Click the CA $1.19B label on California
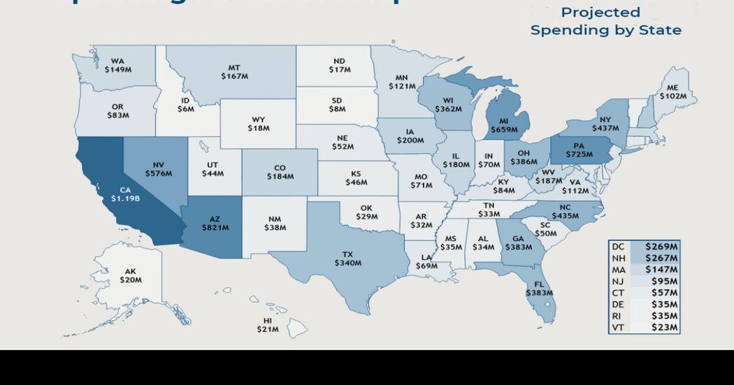coord(125,194)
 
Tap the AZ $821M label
coord(215,224)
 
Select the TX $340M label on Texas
coord(347,259)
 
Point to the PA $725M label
coord(579,150)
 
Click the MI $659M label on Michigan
coord(504,125)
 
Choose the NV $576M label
coord(158,169)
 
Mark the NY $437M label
coord(605,124)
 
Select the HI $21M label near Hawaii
coord(267,325)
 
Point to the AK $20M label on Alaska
coord(130,275)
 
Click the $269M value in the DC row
coord(661,247)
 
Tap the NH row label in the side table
coord(618,258)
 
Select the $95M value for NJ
coord(664,281)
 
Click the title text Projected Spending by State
coord(605,22)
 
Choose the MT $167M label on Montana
coord(234,72)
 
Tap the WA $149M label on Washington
coord(117,66)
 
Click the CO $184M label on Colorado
coord(280,172)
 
